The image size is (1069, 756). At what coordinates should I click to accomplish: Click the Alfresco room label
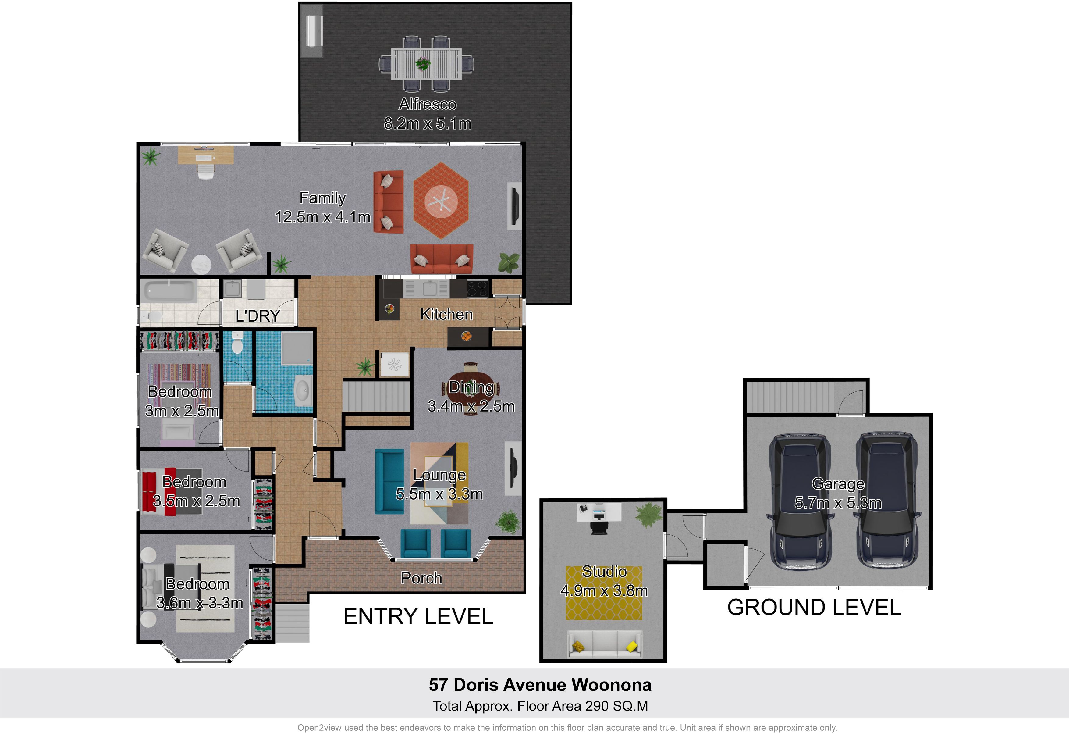pyautogui.click(x=428, y=104)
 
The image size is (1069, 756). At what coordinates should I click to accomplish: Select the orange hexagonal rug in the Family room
pyautogui.click(x=441, y=201)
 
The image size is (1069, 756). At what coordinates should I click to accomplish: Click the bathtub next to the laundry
pyautogui.click(x=169, y=290)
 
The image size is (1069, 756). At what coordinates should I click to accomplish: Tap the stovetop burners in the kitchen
pyautogui.click(x=477, y=288)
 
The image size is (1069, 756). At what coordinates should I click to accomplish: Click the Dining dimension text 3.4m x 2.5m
pyautogui.click(x=471, y=406)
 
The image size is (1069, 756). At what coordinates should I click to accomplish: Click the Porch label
pyautogui.click(x=421, y=578)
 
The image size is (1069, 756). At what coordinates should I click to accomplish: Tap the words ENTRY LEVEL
pyautogui.click(x=418, y=616)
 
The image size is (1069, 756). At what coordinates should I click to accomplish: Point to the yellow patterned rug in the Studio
pyautogui.click(x=604, y=593)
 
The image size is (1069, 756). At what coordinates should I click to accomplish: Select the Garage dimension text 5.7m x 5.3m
pyautogui.click(x=838, y=503)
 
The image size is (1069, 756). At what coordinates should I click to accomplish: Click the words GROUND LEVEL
pyautogui.click(x=814, y=608)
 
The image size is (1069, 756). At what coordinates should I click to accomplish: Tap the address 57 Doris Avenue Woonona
pyautogui.click(x=540, y=685)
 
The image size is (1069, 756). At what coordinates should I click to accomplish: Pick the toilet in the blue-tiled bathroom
pyautogui.click(x=237, y=342)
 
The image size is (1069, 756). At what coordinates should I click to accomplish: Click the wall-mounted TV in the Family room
pyautogui.click(x=514, y=206)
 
